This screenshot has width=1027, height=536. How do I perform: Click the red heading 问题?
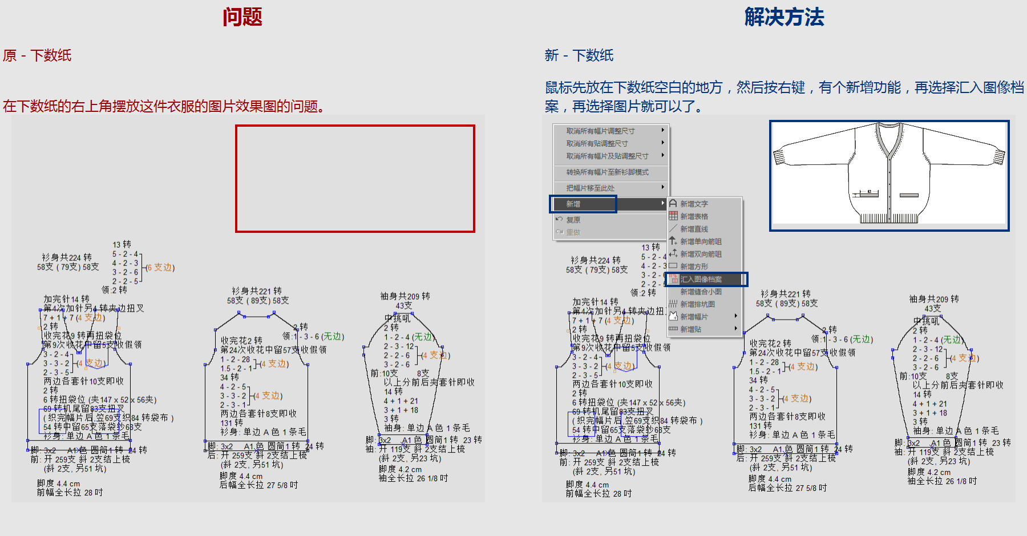pos(242,17)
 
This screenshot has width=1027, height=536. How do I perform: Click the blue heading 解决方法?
pos(784,17)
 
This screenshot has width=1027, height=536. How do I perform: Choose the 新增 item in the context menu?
pos(573,204)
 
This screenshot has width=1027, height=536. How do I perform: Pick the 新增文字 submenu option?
pos(694,204)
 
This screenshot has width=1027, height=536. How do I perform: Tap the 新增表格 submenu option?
pos(694,216)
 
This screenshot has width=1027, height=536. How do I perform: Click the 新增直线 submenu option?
pos(694,229)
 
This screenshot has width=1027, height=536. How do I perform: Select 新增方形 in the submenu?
pos(694,267)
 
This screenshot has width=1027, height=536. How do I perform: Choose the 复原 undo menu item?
pos(573,220)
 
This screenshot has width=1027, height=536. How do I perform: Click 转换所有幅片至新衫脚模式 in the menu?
pos(607,172)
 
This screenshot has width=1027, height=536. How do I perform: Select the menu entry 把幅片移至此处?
pos(590,188)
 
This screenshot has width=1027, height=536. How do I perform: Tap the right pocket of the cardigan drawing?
pos(909,195)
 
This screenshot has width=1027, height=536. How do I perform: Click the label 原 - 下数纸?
pos(37,55)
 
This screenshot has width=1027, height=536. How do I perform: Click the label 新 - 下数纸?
pos(579,55)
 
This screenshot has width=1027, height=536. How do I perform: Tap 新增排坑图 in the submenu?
pos(697,304)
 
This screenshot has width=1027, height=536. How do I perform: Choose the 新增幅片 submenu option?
pos(694,317)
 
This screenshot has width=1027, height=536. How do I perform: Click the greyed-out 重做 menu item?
pos(573,232)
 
